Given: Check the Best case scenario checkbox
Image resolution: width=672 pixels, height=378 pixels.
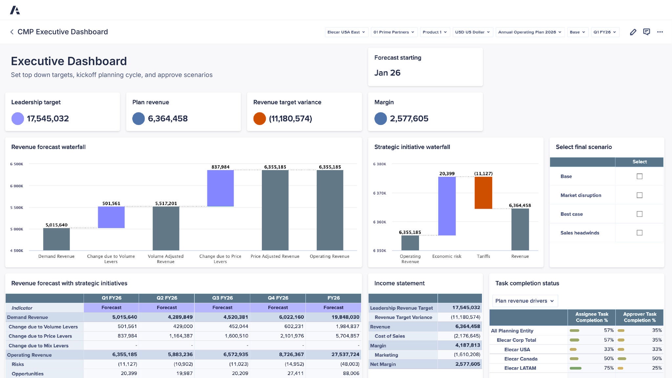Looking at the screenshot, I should [x=639, y=214].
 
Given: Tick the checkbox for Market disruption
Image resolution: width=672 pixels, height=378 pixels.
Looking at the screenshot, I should [x=639, y=195].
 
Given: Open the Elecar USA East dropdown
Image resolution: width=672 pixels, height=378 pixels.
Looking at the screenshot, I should [x=346, y=32].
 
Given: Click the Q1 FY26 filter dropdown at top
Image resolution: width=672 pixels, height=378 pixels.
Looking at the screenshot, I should [x=605, y=32].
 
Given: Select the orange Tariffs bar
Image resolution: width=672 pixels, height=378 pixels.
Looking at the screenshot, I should [x=483, y=193].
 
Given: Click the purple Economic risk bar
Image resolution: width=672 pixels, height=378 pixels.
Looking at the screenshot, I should [x=447, y=206].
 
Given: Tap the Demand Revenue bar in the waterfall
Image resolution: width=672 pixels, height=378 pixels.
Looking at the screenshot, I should [x=56, y=239].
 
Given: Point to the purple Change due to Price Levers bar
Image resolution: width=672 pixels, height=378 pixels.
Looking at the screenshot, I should [x=220, y=188].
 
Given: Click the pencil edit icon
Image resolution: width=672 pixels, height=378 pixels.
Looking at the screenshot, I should [x=633, y=32].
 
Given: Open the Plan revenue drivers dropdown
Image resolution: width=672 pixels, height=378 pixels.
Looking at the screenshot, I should [x=524, y=301].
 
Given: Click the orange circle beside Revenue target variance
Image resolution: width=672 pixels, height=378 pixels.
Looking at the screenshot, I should [x=259, y=118].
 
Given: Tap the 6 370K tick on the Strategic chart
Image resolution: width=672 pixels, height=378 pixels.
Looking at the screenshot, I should [x=380, y=193].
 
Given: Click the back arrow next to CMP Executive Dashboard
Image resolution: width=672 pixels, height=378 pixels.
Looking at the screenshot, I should [x=12, y=32].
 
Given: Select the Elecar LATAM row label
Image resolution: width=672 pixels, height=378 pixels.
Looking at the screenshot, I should [x=520, y=368].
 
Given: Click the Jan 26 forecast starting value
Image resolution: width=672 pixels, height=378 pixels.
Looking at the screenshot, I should [x=387, y=73].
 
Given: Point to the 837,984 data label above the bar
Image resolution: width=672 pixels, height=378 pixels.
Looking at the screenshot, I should [x=220, y=167].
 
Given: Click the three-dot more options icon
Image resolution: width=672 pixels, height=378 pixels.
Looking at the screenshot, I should [x=660, y=32].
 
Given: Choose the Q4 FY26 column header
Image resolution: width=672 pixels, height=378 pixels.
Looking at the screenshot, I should [x=278, y=298].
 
